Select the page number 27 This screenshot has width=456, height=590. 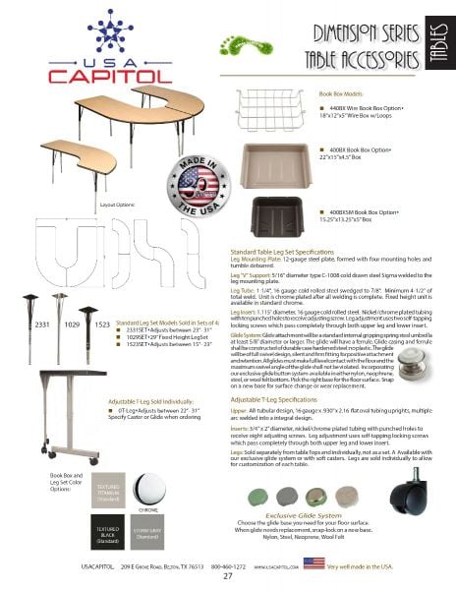coord(227,577)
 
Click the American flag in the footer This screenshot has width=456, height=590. coord(313,562)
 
